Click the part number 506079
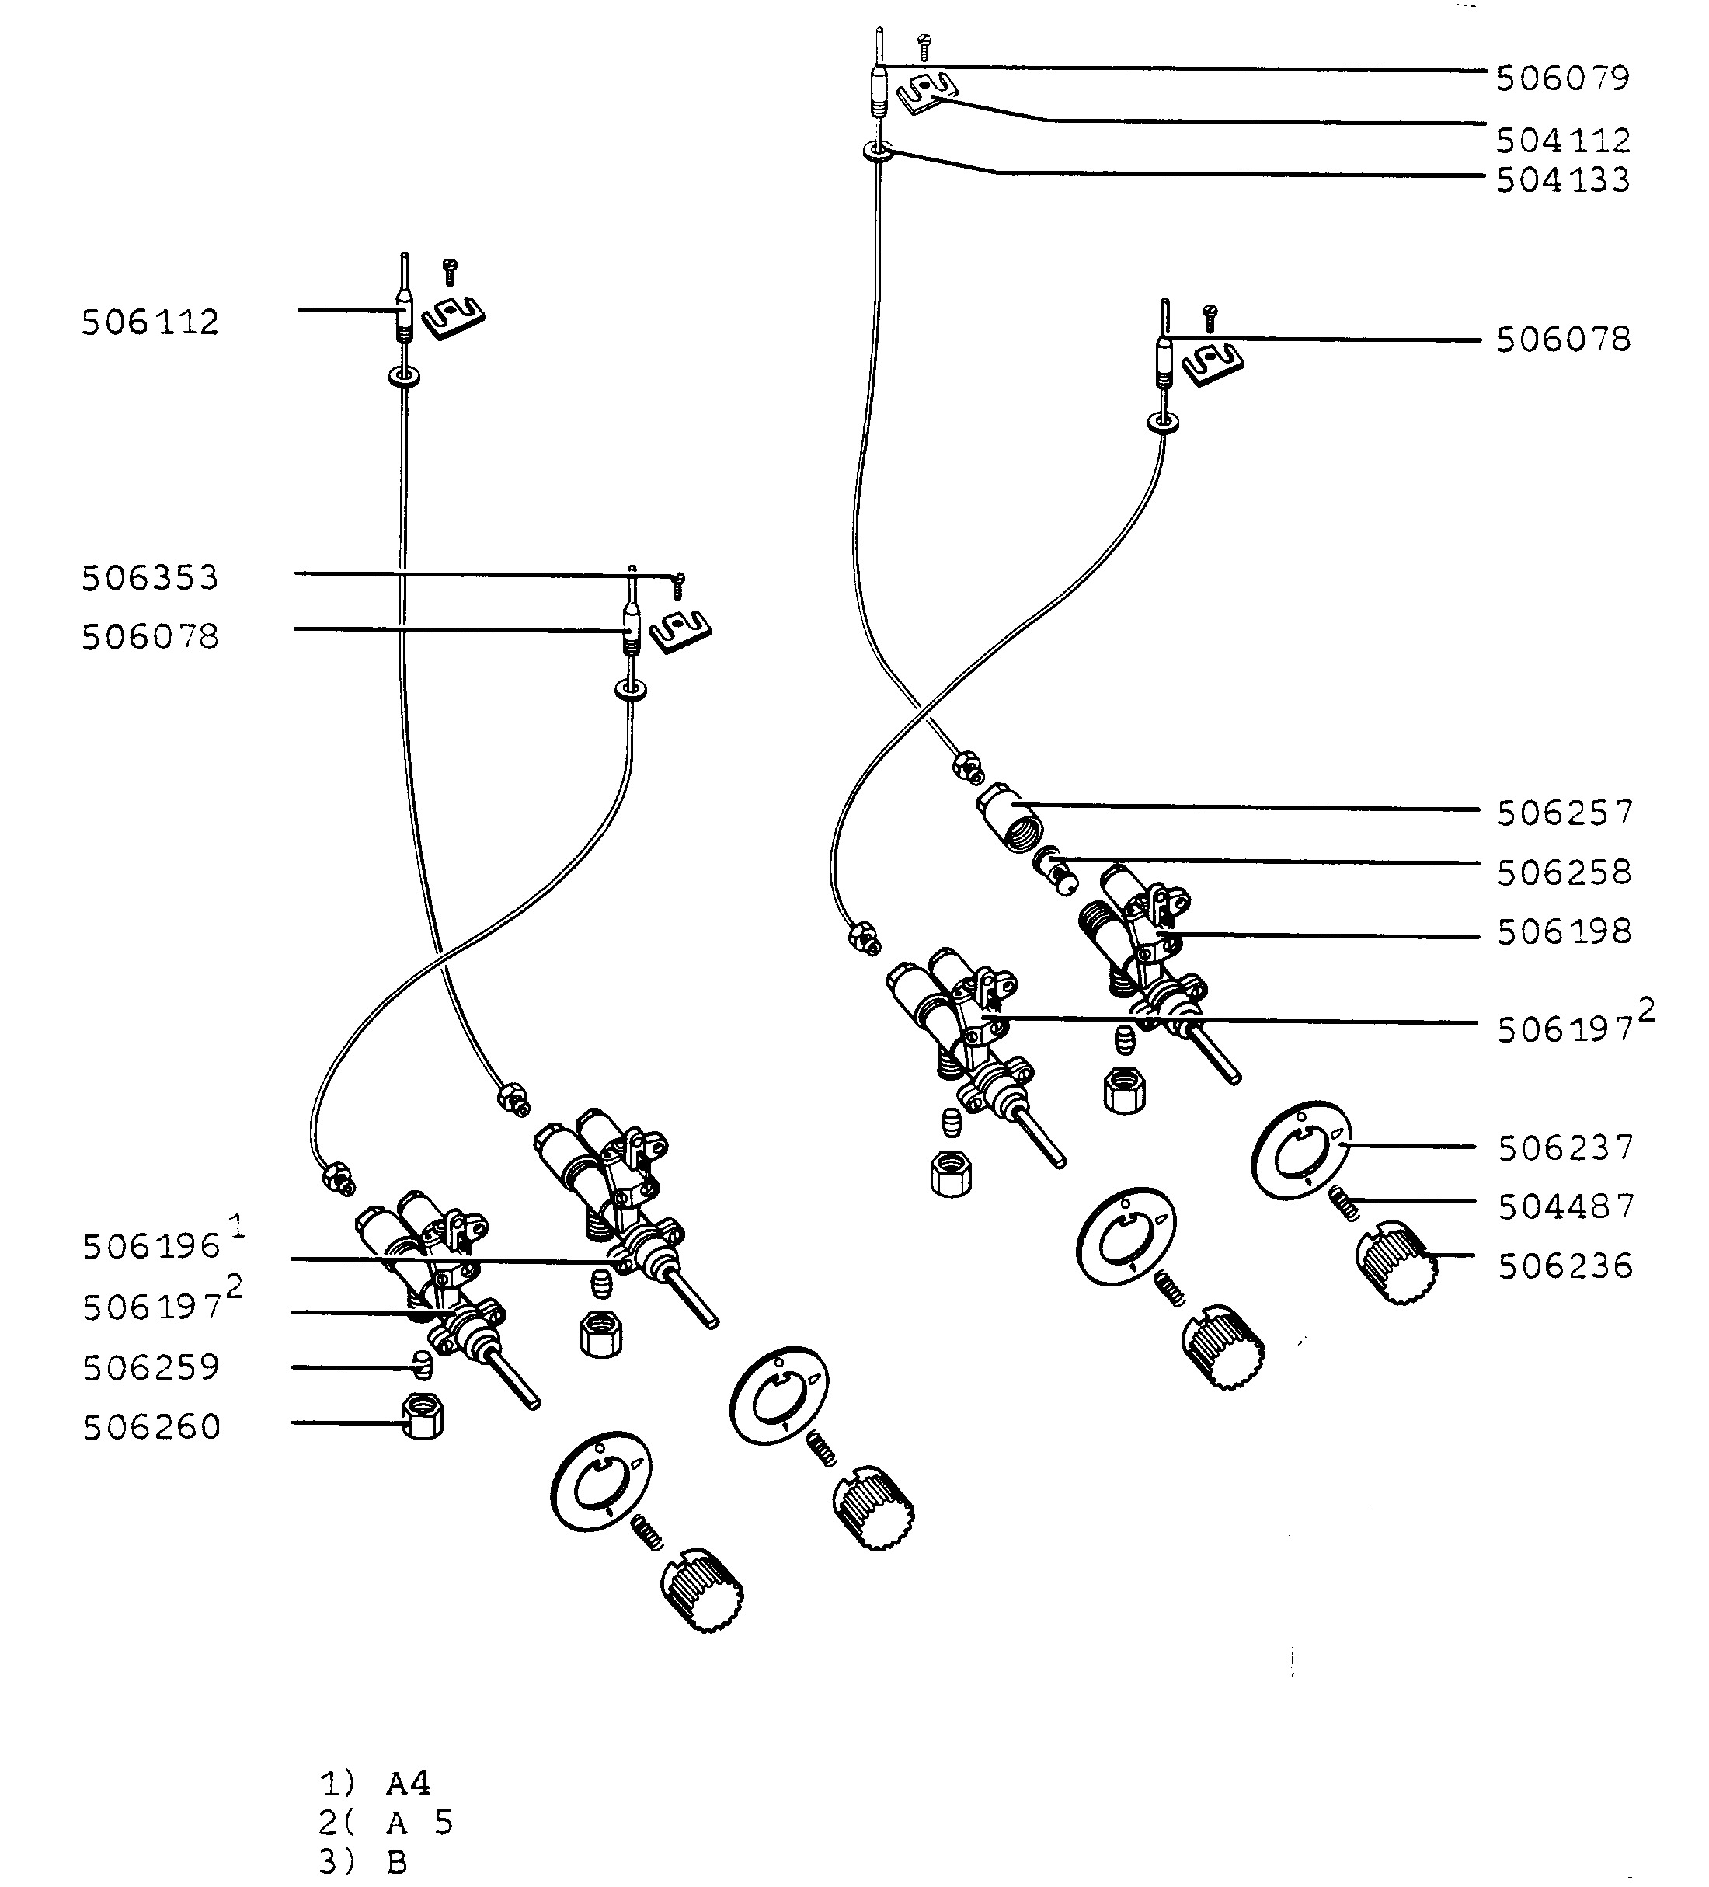1563,78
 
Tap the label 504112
1563,141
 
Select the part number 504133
1563,179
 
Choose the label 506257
1565,813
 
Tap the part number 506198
1565,932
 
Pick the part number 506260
151,1427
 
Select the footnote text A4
408,1784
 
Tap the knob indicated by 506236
1395,1262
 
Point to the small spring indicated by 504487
1345,1201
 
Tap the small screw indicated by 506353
680,585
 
